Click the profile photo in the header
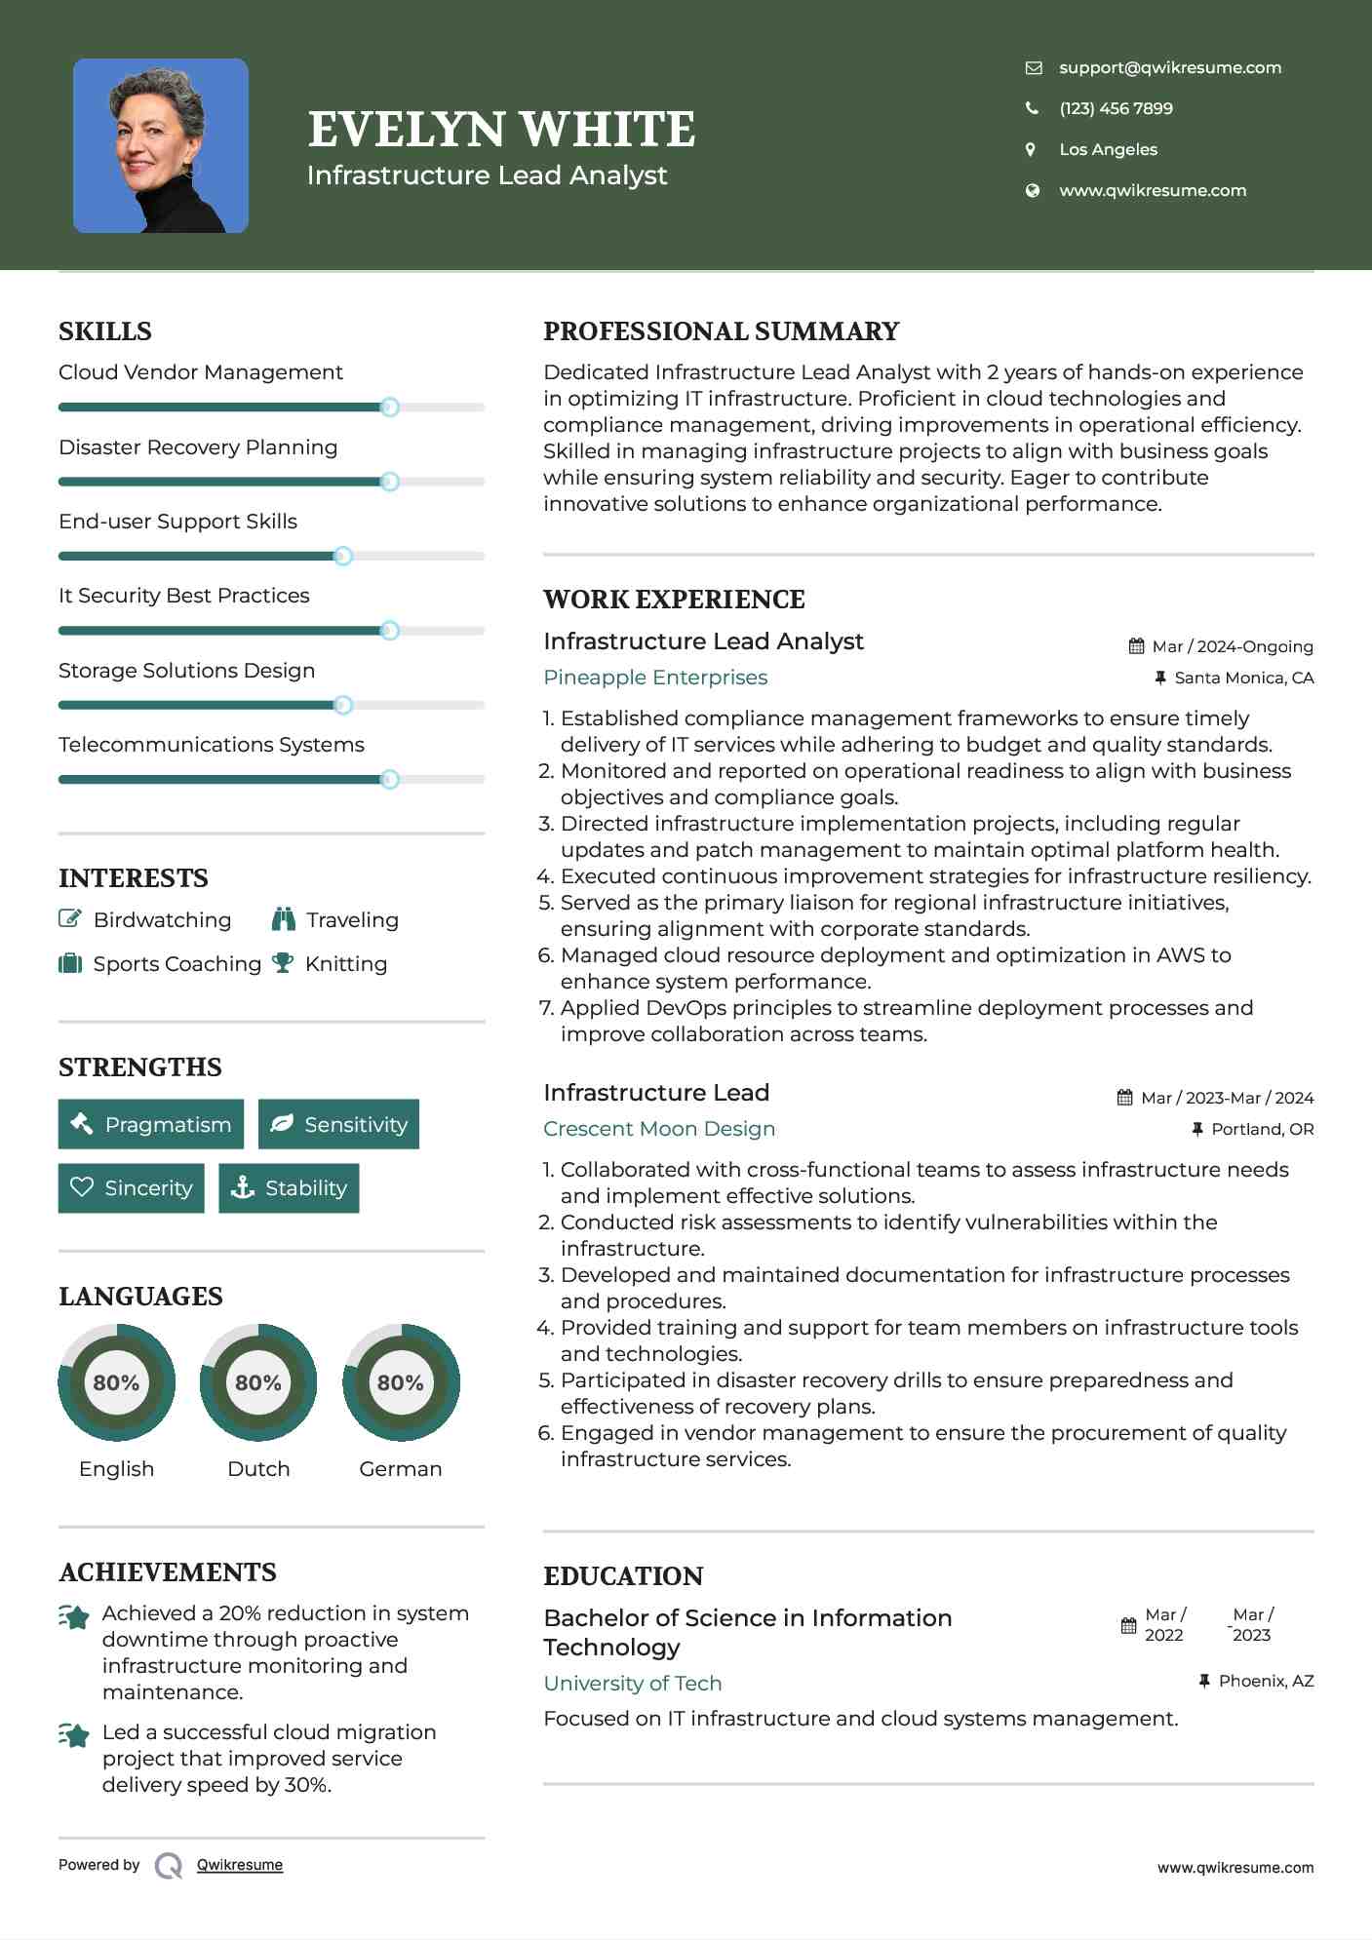pyautogui.click(x=161, y=146)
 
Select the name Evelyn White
pyautogui.click(x=501, y=130)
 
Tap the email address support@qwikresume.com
pyautogui.click(x=1169, y=67)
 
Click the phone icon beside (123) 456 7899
pyautogui.click(x=1032, y=108)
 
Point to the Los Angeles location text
pyautogui.click(x=1108, y=149)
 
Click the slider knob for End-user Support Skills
pyautogui.click(x=342, y=556)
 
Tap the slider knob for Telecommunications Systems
pyautogui.click(x=389, y=779)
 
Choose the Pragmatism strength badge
pyautogui.click(x=151, y=1124)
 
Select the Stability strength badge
pyautogui.click(x=289, y=1187)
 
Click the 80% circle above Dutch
pyautogui.click(x=258, y=1381)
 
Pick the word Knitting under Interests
pyautogui.click(x=346, y=963)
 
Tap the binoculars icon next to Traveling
pyautogui.click(x=283, y=919)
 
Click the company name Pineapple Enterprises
pyautogui.click(x=655, y=678)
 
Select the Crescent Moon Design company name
pyautogui.click(x=659, y=1129)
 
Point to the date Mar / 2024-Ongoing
pyautogui.click(x=1232, y=646)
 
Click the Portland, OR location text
pyautogui.click(x=1262, y=1129)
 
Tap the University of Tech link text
pyautogui.click(x=633, y=1684)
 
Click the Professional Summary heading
pyautogui.click(x=721, y=331)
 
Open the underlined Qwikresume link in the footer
pyautogui.click(x=240, y=1865)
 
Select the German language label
pyautogui.click(x=400, y=1468)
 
